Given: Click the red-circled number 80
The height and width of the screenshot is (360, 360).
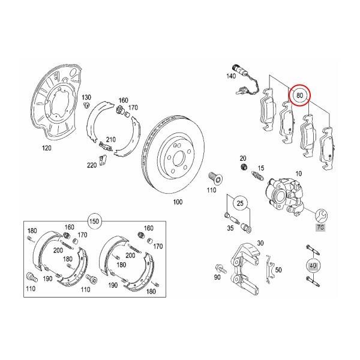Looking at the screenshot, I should (x=300, y=95).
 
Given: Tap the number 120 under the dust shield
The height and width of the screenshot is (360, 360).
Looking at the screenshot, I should (x=46, y=148).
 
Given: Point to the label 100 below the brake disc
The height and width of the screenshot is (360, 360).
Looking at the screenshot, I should (x=177, y=202).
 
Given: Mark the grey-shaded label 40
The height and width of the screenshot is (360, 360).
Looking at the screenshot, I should (x=313, y=265).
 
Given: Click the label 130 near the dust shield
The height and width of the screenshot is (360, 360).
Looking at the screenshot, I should (x=86, y=97).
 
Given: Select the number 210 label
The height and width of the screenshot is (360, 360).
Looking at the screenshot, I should (x=110, y=140).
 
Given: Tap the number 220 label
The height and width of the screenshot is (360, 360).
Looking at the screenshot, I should (x=92, y=165).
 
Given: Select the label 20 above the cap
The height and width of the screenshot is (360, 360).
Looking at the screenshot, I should (x=243, y=157).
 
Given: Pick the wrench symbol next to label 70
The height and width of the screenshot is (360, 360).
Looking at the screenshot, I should (x=320, y=214).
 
